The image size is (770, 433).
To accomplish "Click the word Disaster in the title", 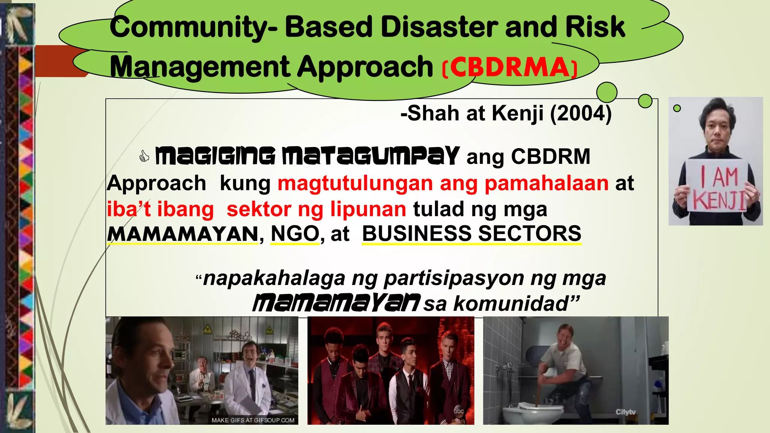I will (x=439, y=27).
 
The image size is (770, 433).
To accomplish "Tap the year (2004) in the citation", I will (x=581, y=113).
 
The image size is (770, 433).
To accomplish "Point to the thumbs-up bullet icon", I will (x=144, y=156).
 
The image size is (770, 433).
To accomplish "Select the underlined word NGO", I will (x=295, y=234).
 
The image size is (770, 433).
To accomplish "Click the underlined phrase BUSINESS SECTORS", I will (x=471, y=234).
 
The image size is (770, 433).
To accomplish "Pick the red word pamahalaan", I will (x=546, y=183).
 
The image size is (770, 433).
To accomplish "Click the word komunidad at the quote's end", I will (x=511, y=303).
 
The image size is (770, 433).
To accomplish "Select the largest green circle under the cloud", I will (x=606, y=92).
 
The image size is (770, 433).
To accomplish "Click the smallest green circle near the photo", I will (x=677, y=108).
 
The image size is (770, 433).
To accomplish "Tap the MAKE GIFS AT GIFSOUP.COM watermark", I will (x=253, y=420).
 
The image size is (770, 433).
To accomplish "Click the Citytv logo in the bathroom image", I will (x=625, y=412).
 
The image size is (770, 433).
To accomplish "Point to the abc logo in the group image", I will (x=459, y=411).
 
